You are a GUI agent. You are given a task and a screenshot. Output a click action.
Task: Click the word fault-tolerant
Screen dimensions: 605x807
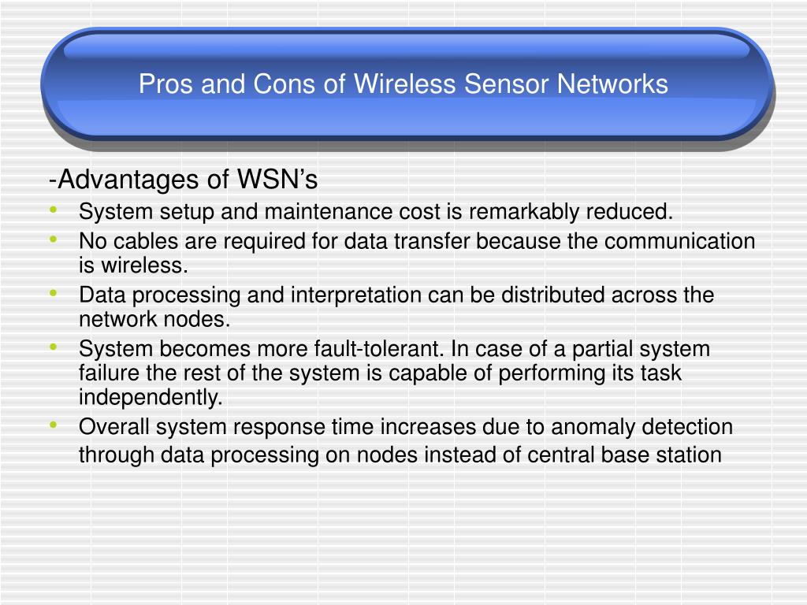coord(384,349)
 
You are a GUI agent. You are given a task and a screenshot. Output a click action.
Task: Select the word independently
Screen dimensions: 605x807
coord(151,398)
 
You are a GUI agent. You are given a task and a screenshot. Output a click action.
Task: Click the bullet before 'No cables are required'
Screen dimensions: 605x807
coord(53,238)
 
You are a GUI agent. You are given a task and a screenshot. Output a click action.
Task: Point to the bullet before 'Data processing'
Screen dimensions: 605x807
coord(53,292)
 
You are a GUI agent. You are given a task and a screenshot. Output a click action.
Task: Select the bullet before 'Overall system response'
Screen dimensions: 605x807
coord(53,424)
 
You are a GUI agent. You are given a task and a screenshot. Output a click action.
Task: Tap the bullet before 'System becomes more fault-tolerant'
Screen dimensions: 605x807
coord(53,346)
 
